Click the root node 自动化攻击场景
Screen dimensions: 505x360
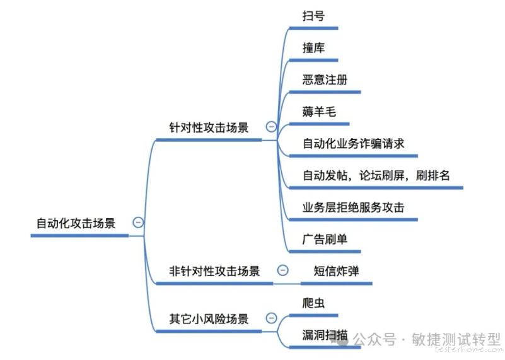tap(76, 223)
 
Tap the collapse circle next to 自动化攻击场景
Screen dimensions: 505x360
tap(138, 222)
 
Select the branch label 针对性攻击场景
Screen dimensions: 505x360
tap(209, 127)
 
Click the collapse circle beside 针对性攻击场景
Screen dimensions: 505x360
tap(271, 127)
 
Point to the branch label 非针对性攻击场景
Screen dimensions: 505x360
tap(214, 271)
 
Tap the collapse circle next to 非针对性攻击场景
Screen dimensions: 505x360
tap(283, 270)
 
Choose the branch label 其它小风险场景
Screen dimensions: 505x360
tap(209, 319)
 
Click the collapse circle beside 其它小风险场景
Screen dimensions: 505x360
tap(271, 318)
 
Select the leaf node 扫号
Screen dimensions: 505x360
tap(313, 16)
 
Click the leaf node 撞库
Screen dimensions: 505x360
tap(313, 48)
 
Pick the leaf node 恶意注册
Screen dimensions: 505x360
tap(325, 79)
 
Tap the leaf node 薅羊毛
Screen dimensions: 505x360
tap(319, 112)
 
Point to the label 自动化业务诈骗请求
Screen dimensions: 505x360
tap(353, 144)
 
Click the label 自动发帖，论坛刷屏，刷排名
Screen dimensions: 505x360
tap(376, 175)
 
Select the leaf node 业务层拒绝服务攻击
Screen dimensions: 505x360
tap(353, 207)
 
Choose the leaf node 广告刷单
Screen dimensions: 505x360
tap(325, 239)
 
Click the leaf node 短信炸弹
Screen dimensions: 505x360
tap(336, 271)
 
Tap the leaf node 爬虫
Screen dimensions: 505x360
tap(313, 303)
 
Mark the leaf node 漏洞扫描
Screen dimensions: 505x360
tap(325, 335)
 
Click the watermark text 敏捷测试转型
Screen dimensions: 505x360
tap(456, 339)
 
